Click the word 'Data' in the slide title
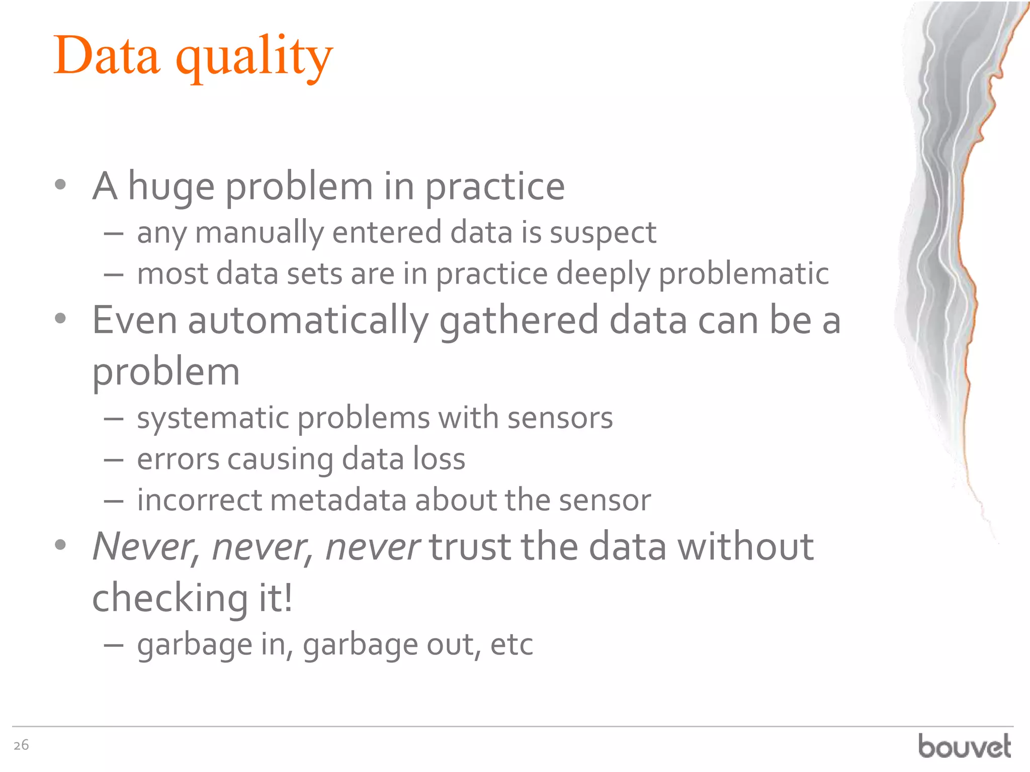tap(107, 55)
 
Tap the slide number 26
tap(21, 745)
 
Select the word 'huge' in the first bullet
tap(171, 187)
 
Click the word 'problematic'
tap(743, 274)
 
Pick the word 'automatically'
tap(308, 321)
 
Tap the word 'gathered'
tap(519, 321)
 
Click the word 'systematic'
tap(212, 418)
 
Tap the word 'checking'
tap(170, 598)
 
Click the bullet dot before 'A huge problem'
tap(60, 185)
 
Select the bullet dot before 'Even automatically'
tap(60, 318)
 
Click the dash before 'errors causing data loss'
tap(114, 460)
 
